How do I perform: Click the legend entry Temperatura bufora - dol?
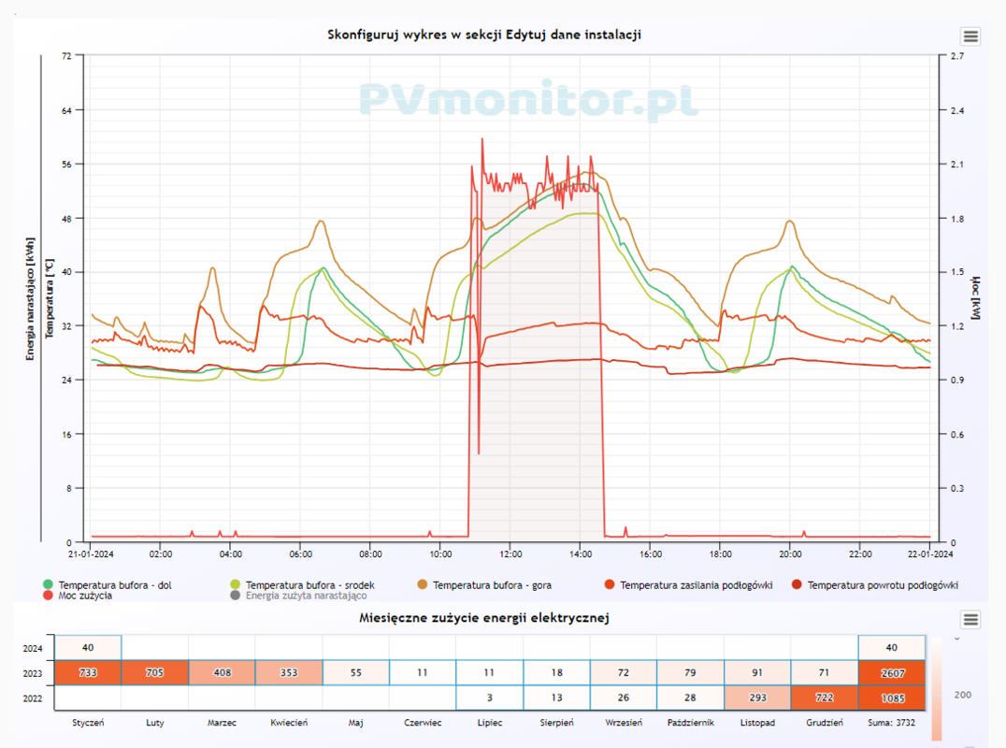pyautogui.click(x=115, y=585)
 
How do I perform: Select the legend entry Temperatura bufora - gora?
pyautogui.click(x=491, y=585)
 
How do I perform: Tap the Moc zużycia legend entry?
pyautogui.click(x=85, y=596)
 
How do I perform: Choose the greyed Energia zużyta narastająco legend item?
pyautogui.click(x=306, y=596)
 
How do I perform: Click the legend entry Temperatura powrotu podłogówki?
pyautogui.click(x=883, y=585)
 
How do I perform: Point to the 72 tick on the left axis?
pyautogui.click(x=66, y=56)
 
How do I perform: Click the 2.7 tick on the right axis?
pyautogui.click(x=957, y=56)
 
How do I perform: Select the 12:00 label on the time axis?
pyautogui.click(x=510, y=554)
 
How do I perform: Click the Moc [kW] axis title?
pyautogui.click(x=974, y=297)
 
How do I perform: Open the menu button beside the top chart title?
pyautogui.click(x=970, y=36)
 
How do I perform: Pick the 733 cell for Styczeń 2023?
pyautogui.click(x=88, y=672)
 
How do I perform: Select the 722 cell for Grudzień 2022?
pyautogui.click(x=824, y=698)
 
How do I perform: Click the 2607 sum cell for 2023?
pyautogui.click(x=891, y=672)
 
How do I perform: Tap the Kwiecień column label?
pyautogui.click(x=289, y=723)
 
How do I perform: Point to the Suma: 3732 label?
pyautogui.click(x=891, y=723)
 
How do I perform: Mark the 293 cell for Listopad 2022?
pyautogui.click(x=757, y=698)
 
